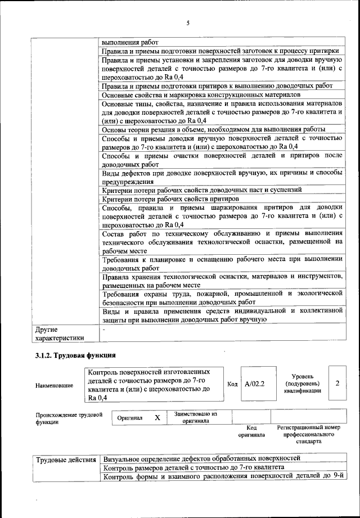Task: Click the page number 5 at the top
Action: pos(188,23)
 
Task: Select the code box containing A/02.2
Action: pos(255,384)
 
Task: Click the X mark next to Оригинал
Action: pos(157,418)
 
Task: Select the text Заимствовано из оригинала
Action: pos(195,417)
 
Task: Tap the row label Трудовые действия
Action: pos(66,460)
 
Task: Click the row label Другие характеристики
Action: pos(60,334)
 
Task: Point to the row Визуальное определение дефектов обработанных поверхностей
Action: pos(202,458)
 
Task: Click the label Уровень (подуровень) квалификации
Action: pos(303,383)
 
